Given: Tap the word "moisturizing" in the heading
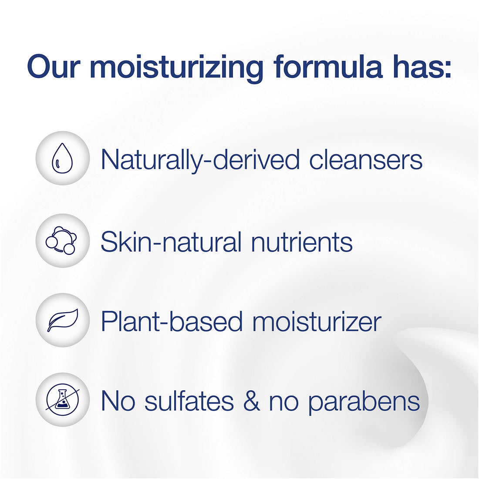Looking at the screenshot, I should coord(176,68).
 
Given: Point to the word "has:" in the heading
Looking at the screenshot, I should coord(418,67).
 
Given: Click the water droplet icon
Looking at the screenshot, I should coord(62,159).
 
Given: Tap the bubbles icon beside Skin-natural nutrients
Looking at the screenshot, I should coord(62,240).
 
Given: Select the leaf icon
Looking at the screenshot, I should coord(62,320).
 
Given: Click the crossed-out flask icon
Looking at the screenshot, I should coord(62,400).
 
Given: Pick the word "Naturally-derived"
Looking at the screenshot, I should coord(200,160).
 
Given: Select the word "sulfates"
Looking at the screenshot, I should coord(189,401).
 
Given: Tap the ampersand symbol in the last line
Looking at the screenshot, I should coord(251,401).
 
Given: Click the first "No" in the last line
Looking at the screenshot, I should coord(118,401).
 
